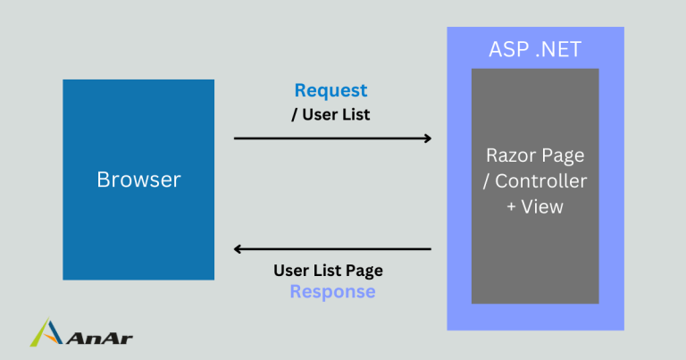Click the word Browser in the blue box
click(138, 180)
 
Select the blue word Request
click(330, 90)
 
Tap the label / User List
click(331, 114)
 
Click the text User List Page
click(328, 271)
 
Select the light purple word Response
click(332, 292)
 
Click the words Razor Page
click(535, 155)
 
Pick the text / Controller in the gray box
click(535, 181)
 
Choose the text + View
click(535, 206)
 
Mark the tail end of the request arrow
click(236, 138)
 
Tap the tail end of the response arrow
click(430, 249)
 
